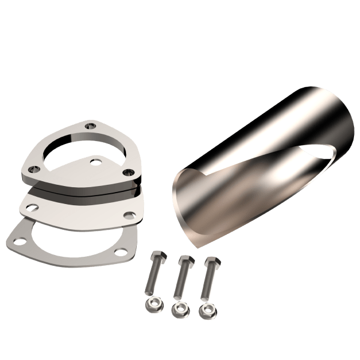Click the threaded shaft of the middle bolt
tap(179, 281)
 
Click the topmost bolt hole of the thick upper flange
tap(90, 127)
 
